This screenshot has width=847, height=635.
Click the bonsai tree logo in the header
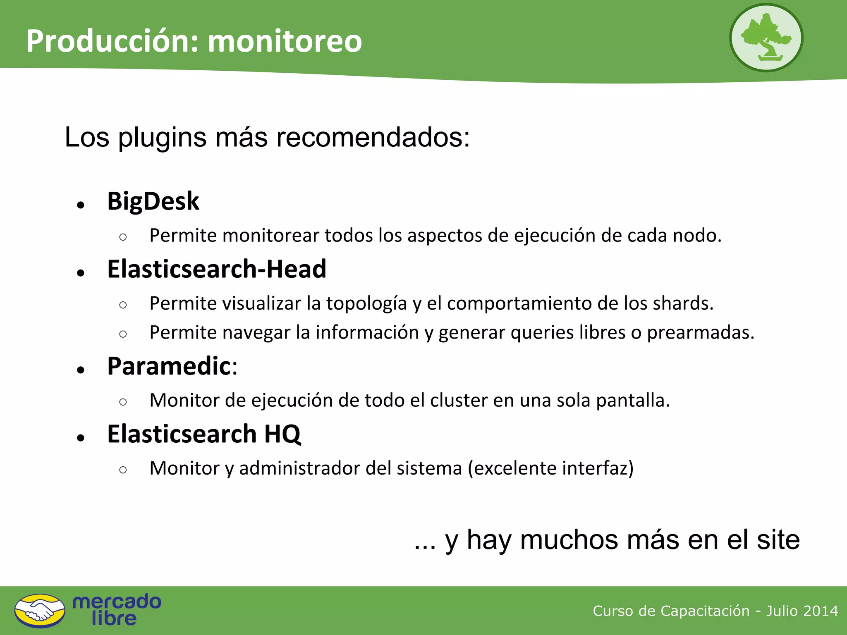[766, 38]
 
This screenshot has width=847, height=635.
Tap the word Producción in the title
[112, 41]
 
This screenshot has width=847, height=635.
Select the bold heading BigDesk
[153, 201]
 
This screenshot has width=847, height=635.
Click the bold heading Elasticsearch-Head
[217, 269]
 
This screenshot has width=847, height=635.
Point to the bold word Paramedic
[169, 366]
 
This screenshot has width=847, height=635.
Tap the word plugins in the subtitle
[162, 138]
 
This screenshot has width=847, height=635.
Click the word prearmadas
[701, 333]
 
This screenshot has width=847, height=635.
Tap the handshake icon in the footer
[40, 611]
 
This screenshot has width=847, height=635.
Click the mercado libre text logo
[117, 610]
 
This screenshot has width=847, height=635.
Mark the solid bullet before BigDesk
[81, 205]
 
